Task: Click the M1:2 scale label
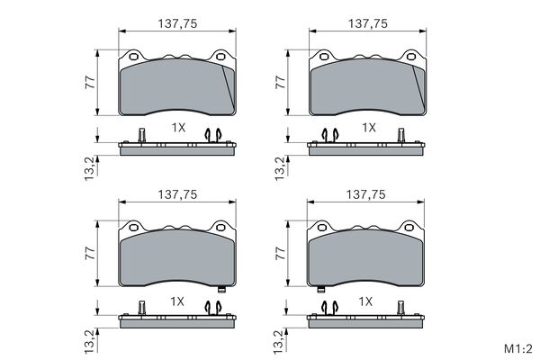point(518,348)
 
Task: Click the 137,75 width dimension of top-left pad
point(177,23)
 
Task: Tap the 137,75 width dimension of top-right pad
point(368,23)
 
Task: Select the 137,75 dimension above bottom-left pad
point(177,194)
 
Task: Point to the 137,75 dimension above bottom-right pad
point(365,194)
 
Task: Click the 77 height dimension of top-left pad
point(90,83)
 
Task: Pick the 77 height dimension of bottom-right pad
point(281,253)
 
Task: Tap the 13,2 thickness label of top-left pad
point(89,168)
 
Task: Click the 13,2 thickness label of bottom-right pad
point(280,342)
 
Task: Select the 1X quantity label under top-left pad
point(178,128)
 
